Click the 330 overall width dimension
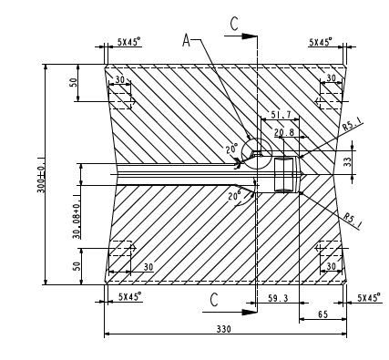[x=223, y=329]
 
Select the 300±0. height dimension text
[x=41, y=175]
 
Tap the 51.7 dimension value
[x=281, y=115]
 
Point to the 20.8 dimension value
[x=284, y=132]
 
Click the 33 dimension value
[x=348, y=161]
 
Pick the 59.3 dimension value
[x=278, y=298]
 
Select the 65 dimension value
[x=322, y=314]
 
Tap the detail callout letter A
[x=186, y=40]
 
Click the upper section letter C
[x=234, y=24]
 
